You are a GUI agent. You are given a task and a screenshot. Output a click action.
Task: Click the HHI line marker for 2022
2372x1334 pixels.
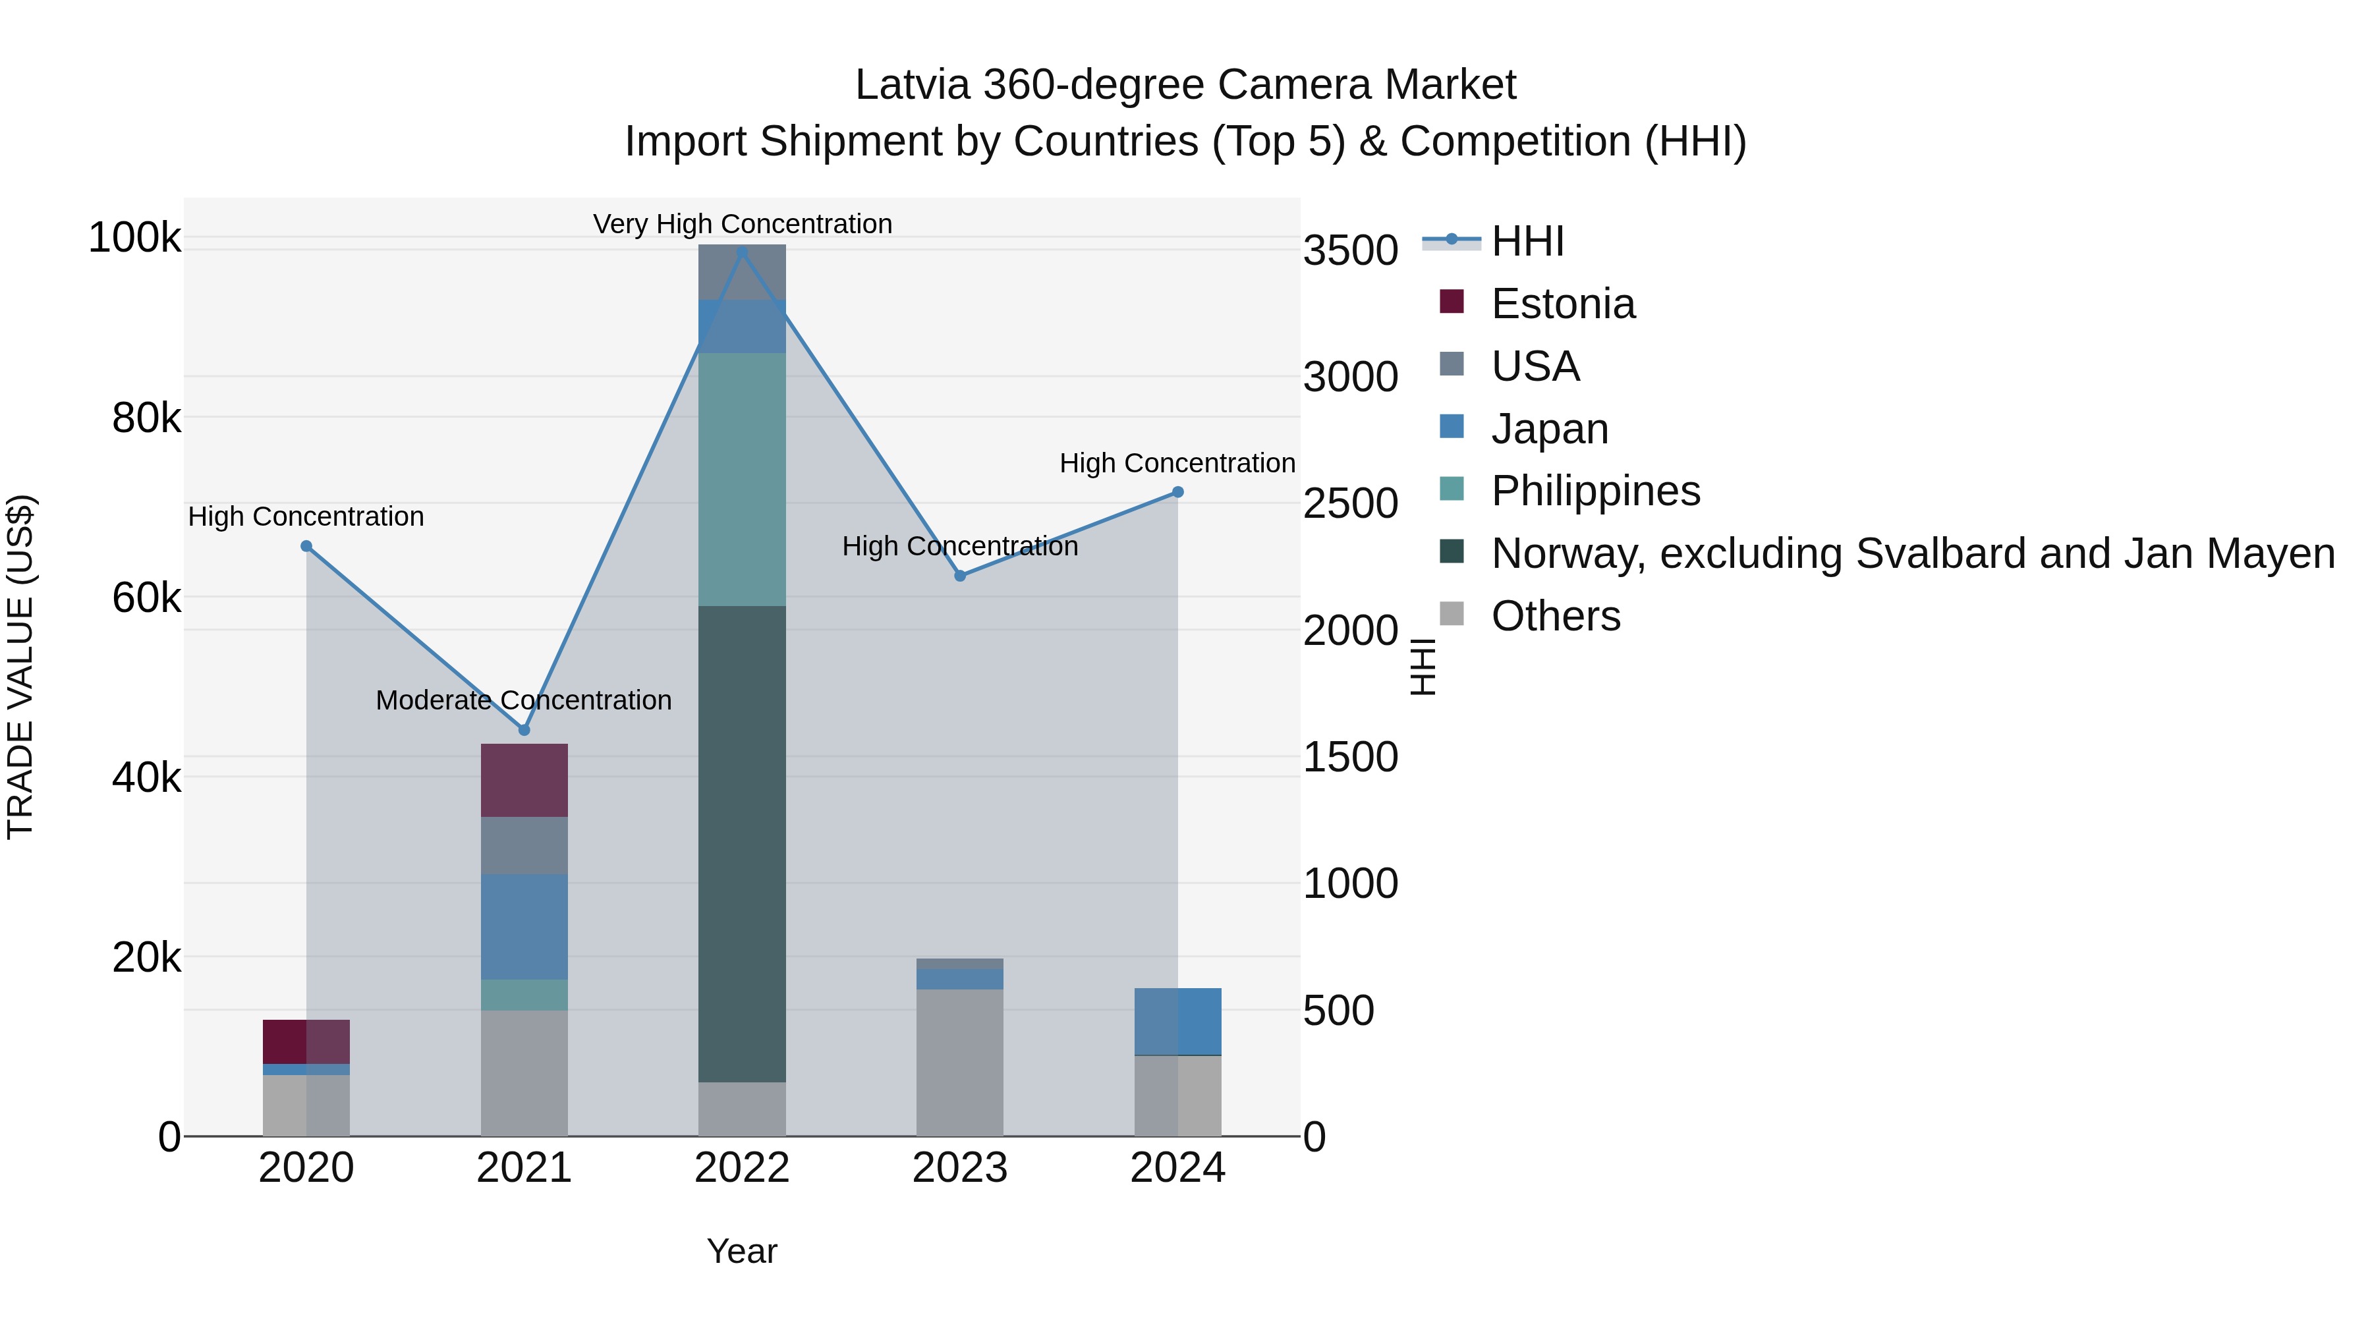click(742, 252)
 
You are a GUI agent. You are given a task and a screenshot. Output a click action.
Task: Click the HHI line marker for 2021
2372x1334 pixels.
click(524, 730)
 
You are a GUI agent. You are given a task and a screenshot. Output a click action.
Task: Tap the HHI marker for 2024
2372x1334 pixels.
click(1177, 493)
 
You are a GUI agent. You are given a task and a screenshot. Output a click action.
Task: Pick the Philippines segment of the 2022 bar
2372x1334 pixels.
click(742, 479)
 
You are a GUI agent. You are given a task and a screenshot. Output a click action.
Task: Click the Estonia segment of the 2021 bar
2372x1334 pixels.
click(524, 780)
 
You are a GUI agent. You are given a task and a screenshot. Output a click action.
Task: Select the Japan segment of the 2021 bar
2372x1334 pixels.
click(524, 926)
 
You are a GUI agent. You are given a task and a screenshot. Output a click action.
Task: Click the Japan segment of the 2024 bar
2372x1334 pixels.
click(1177, 1021)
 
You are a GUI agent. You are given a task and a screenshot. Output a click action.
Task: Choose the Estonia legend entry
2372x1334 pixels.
click(1563, 304)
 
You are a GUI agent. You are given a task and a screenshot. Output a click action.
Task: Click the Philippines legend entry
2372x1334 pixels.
click(1595, 491)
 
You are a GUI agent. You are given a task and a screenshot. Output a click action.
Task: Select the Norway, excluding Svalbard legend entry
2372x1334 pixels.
click(1911, 553)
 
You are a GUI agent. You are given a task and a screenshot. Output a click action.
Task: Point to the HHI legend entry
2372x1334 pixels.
click(1527, 241)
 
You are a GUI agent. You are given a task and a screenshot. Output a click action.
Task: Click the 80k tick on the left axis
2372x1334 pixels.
click(146, 418)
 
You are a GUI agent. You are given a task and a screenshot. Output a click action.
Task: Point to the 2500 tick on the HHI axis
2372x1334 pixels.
click(1350, 503)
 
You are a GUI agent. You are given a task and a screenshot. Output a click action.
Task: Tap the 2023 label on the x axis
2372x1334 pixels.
click(959, 1168)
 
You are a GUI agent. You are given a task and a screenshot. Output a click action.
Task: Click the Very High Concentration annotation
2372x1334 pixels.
click(742, 224)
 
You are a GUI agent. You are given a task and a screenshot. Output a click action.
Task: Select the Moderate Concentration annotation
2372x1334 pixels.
click(523, 701)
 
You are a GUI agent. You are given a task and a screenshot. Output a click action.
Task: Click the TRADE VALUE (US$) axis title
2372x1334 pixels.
click(20, 667)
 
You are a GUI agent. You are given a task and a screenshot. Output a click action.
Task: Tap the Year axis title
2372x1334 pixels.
click(742, 1251)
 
